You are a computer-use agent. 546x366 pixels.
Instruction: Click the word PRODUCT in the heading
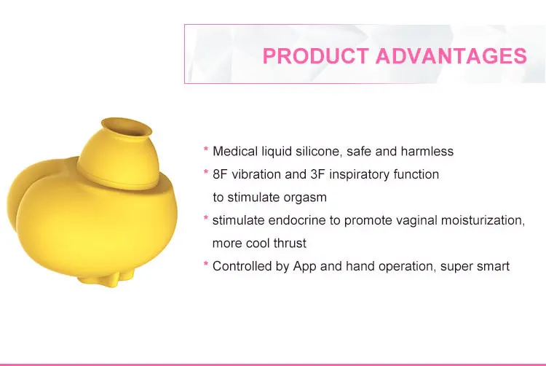315,56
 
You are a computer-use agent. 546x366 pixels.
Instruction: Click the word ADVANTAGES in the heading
451,56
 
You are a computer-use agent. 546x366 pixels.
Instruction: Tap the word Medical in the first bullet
235,151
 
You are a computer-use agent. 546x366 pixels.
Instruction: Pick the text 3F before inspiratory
317,174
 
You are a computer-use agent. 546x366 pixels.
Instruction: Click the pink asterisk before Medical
206,149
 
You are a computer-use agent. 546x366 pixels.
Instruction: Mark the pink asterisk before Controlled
206,264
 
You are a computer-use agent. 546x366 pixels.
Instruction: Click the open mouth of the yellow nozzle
127,127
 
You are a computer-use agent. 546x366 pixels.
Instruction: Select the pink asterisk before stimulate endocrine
206,219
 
